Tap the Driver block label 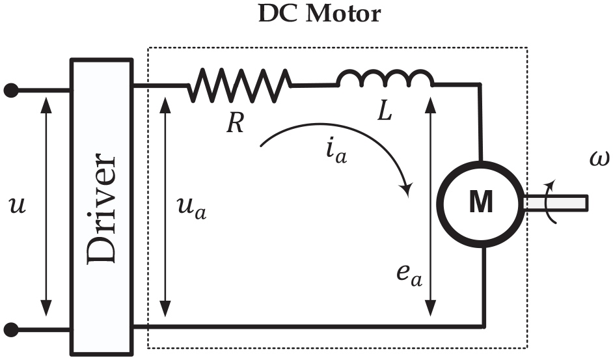(102, 208)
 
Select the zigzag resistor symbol (239, 85)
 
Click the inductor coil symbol (386, 78)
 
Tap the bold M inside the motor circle (481, 202)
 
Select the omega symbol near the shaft (599, 159)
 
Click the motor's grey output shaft (555, 203)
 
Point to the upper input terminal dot (11, 90)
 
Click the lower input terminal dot (11, 330)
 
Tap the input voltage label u (17, 205)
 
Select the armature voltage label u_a (191, 208)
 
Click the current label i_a (336, 150)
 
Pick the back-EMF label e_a (409, 275)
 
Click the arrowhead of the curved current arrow (407, 189)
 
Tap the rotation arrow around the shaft (551, 202)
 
